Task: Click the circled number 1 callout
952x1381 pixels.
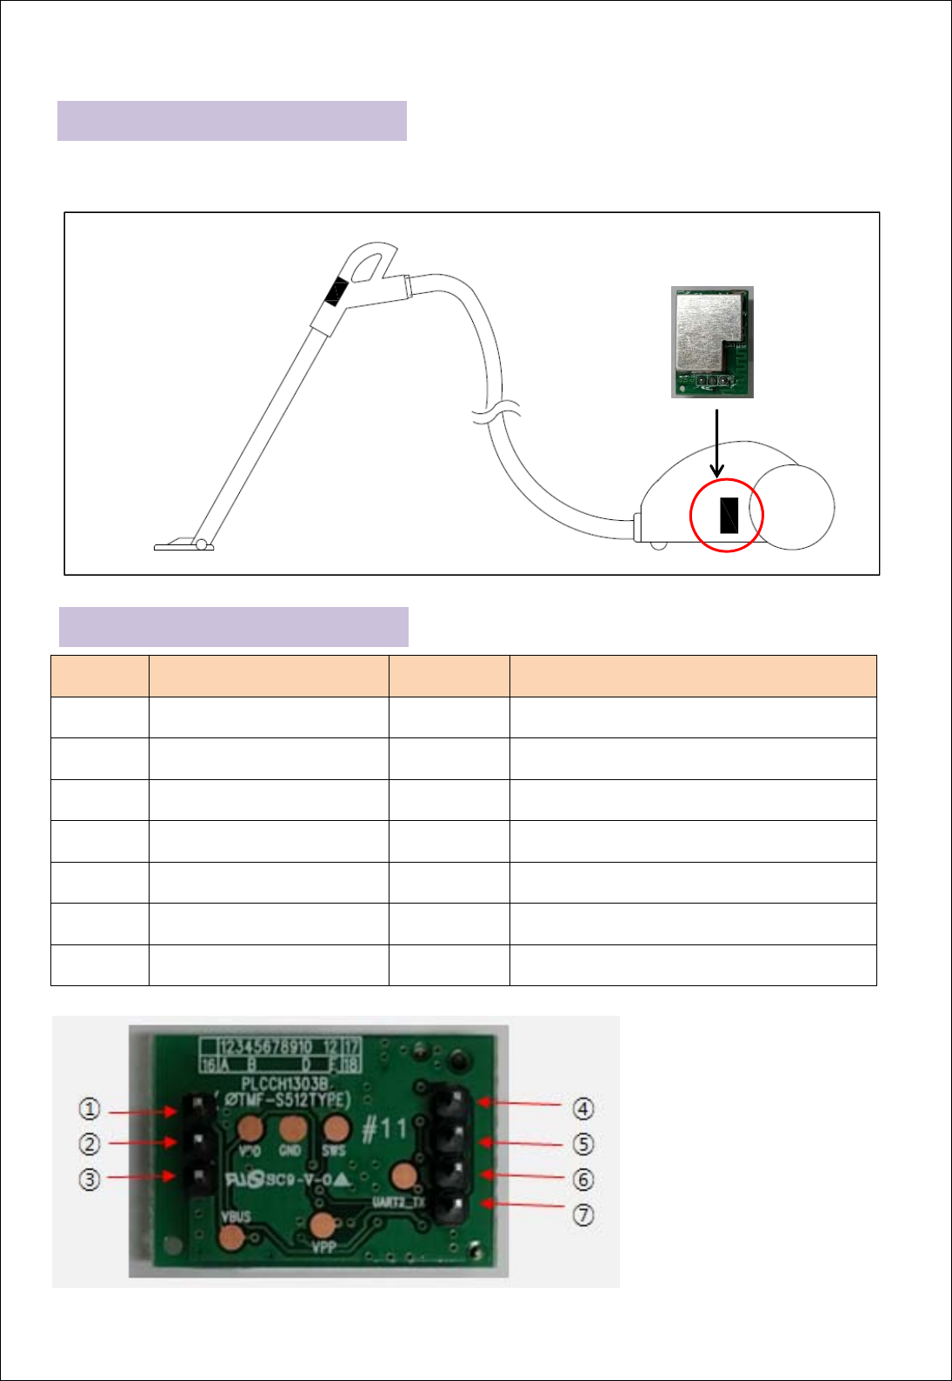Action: tap(90, 1109)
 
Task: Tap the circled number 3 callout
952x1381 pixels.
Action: tap(90, 1179)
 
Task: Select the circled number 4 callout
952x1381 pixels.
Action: tap(583, 1109)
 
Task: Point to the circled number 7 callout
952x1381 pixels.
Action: tap(583, 1214)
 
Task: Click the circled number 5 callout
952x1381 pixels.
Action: tap(583, 1144)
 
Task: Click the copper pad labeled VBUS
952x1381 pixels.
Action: tap(232, 1237)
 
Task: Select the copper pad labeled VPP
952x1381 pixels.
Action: tap(323, 1226)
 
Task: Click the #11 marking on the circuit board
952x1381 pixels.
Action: tap(383, 1129)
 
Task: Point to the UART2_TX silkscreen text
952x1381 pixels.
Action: tap(398, 1203)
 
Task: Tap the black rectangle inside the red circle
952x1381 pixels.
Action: tap(728, 515)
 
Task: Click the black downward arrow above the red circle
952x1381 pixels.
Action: tap(716, 444)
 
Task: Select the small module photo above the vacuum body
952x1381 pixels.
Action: tap(712, 342)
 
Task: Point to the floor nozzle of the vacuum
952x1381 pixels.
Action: tap(183, 545)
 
